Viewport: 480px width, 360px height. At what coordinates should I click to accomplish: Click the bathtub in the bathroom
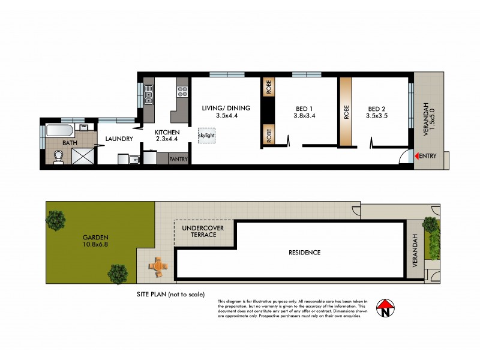pyautogui.click(x=58, y=131)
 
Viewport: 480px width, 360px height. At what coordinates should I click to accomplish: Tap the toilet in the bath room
pyautogui.click(x=59, y=156)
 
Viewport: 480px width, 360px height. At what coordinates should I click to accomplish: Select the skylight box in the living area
pyautogui.click(x=206, y=136)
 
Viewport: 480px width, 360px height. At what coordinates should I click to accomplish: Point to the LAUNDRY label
pyautogui.click(x=118, y=139)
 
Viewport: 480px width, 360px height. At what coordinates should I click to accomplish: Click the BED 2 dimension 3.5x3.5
pyautogui.click(x=377, y=116)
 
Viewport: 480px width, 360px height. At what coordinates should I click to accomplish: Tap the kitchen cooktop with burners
pyautogui.click(x=181, y=92)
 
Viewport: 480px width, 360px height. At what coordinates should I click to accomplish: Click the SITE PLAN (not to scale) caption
pyautogui.click(x=171, y=294)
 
